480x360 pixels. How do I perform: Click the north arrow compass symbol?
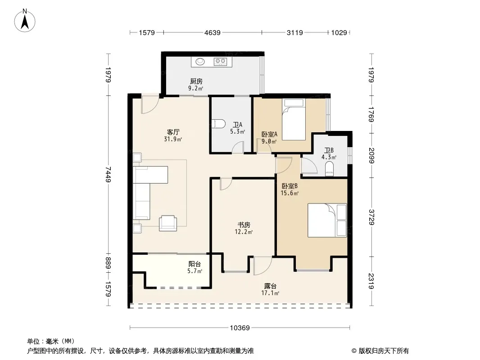click(x=25, y=21)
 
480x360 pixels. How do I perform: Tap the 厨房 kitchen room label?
click(x=196, y=81)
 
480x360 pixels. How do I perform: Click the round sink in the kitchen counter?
click(x=200, y=62)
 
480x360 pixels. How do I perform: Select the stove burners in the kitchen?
click(x=220, y=62)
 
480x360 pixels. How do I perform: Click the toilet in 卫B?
click(x=330, y=169)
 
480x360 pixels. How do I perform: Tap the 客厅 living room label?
click(x=173, y=132)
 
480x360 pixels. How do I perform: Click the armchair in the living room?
click(x=168, y=223)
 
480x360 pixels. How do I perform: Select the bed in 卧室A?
click(x=294, y=119)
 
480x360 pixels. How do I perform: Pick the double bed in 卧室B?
click(x=327, y=220)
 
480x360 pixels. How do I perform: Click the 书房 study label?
click(x=244, y=225)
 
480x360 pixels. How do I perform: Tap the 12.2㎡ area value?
click(x=244, y=232)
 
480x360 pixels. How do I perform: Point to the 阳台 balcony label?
click(x=195, y=264)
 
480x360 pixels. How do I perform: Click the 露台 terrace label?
click(x=270, y=286)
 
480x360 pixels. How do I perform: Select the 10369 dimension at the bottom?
click(x=240, y=328)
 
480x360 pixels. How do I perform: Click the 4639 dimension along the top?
click(x=213, y=32)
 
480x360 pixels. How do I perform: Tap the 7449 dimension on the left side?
click(x=108, y=174)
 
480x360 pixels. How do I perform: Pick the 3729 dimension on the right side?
click(x=371, y=217)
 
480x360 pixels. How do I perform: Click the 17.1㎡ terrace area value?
click(x=270, y=293)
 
